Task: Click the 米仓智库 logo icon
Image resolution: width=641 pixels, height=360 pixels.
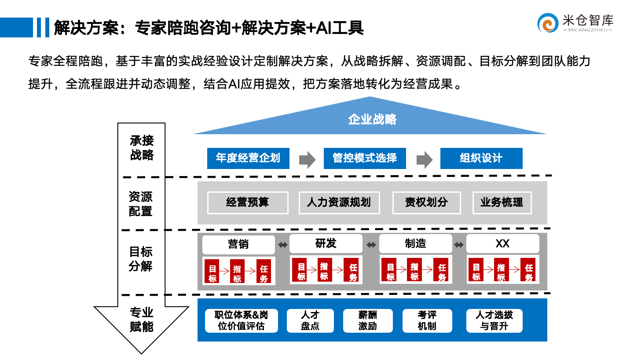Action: point(548,23)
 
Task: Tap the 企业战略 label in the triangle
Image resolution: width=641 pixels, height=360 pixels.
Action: point(372,119)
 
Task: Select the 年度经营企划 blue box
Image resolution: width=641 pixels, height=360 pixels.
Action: point(248,158)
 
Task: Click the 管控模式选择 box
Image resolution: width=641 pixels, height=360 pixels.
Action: point(365,158)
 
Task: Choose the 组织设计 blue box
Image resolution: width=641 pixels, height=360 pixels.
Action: point(481,158)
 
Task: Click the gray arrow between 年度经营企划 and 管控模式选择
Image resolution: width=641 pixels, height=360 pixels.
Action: point(307,160)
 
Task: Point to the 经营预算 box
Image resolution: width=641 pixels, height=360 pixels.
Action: point(248,202)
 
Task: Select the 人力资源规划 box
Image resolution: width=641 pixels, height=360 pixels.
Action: point(339,202)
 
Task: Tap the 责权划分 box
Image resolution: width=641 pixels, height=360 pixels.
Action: point(426,202)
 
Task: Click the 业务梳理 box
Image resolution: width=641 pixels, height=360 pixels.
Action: point(502,202)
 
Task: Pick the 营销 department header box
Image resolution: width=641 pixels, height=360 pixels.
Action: point(238,244)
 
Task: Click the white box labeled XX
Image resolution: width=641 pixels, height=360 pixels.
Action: point(502,244)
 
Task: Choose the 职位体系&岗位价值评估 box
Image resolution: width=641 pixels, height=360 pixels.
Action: point(241,320)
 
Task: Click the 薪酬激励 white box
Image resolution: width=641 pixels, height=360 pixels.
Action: point(367,320)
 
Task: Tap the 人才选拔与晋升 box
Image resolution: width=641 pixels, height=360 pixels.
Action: point(494,320)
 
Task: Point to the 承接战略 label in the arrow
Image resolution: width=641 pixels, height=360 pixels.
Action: point(142,148)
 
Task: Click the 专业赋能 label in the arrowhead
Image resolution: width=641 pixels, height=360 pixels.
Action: point(142,320)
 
